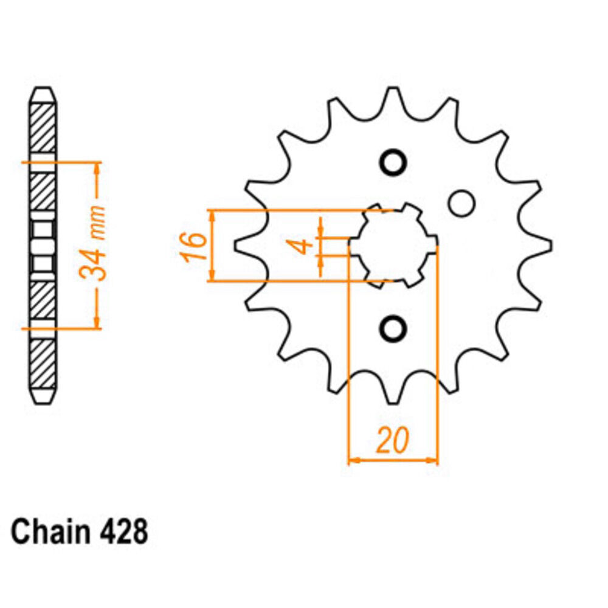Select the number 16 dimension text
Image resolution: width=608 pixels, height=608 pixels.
[192, 247]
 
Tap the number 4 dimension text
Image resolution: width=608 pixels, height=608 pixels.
[303, 246]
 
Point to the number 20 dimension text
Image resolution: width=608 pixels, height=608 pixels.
[392, 441]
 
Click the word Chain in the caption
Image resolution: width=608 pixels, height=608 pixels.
[50, 531]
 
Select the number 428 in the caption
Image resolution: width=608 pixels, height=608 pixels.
[123, 531]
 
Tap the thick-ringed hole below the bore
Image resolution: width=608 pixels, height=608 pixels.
[393, 329]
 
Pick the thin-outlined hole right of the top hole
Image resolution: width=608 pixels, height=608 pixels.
[461, 203]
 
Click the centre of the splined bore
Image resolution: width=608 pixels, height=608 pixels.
[393, 246]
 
